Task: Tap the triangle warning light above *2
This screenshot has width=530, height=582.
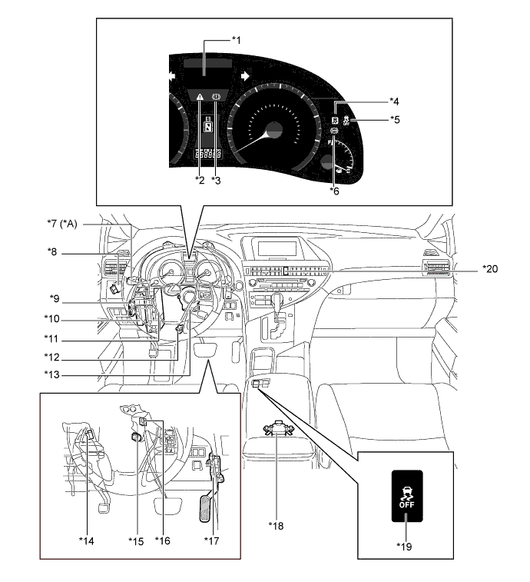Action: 200,98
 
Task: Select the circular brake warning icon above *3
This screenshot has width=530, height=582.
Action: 216,97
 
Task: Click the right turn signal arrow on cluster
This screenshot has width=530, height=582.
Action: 244,76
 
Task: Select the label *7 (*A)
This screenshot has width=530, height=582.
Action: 64,224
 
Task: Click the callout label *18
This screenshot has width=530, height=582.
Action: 276,525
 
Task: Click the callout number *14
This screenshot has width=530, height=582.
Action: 86,540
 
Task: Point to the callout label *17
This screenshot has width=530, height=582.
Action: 212,540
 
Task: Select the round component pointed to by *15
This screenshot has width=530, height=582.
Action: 135,438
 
